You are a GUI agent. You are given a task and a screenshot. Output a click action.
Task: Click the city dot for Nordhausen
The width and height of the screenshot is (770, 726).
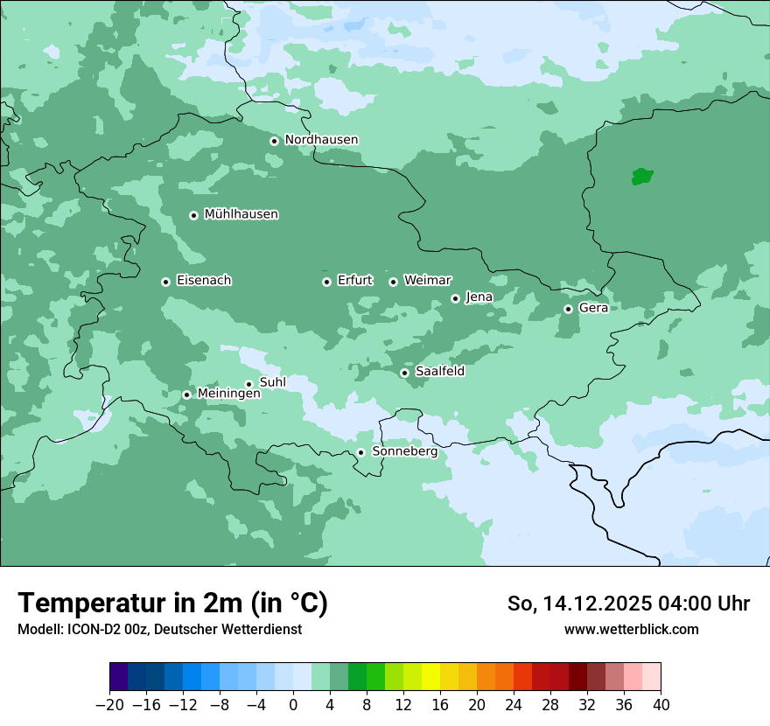click(274, 141)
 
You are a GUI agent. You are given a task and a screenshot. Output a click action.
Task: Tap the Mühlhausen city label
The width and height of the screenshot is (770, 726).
click(241, 214)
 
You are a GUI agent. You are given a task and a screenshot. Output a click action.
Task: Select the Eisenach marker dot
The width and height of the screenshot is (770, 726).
click(165, 282)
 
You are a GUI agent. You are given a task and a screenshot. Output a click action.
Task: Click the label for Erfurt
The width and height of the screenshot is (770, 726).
click(354, 281)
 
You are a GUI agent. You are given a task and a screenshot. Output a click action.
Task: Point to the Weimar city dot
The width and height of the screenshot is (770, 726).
click(393, 282)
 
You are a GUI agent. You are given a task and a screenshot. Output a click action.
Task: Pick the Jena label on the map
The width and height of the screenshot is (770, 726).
click(479, 297)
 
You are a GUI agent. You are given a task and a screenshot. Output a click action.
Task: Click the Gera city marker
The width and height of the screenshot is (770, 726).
click(568, 309)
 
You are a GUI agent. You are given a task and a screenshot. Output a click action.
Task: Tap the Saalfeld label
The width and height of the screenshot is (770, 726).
click(439, 372)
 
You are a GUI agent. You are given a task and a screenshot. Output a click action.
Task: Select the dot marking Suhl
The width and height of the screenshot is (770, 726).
click(248, 384)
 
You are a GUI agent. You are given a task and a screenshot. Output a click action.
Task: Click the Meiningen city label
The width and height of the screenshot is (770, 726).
click(228, 394)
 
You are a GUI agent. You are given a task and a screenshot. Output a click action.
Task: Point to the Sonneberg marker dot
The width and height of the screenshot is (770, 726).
click(360, 453)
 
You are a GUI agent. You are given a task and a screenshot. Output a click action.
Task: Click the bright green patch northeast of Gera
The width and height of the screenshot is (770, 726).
click(642, 177)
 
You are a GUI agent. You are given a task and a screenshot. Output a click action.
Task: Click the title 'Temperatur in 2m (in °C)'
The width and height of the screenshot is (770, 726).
click(173, 603)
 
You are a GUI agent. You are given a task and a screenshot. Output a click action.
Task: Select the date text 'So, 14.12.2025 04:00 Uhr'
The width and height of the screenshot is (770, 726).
click(628, 604)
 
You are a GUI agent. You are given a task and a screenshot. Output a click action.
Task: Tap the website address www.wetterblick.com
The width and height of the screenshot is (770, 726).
click(631, 629)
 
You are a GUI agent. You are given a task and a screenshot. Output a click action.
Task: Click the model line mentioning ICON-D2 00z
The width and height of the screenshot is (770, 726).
click(159, 629)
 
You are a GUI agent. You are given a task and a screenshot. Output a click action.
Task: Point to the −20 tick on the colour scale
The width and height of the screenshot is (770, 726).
click(110, 705)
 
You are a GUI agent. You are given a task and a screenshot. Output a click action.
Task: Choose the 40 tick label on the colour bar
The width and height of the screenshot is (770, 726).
click(661, 705)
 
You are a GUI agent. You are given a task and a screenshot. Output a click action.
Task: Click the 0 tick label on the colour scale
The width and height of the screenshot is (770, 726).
click(293, 705)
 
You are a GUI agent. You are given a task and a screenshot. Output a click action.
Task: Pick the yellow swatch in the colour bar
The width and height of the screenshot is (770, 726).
click(430, 677)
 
